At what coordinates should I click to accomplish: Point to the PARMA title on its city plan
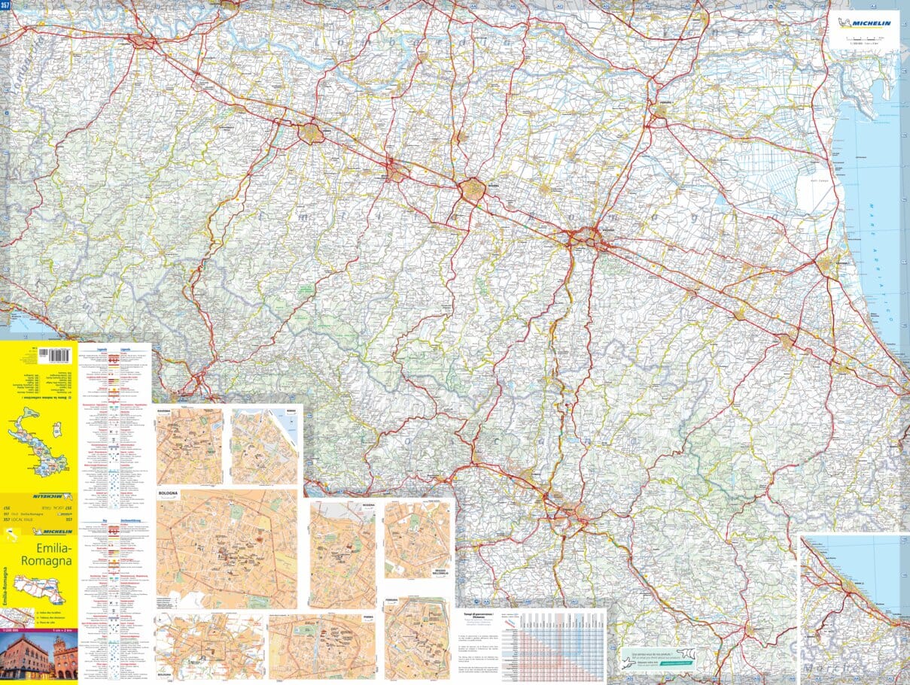(368, 618)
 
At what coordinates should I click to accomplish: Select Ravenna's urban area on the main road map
(829, 263)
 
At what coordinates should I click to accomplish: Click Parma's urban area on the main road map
(310, 134)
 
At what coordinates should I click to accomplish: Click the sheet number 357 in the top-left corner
(6, 5)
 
